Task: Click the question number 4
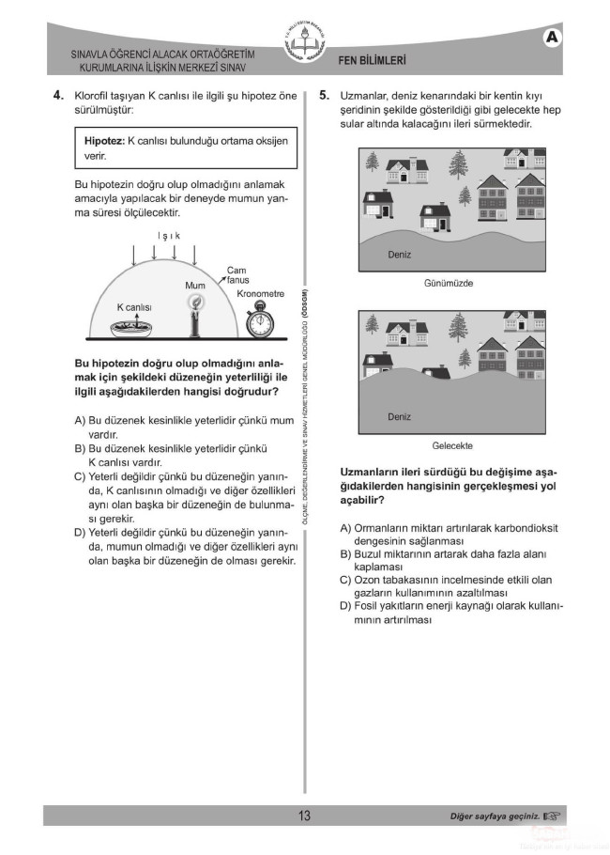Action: tap(57, 95)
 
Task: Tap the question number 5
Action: tap(324, 95)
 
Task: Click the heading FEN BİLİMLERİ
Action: tap(373, 60)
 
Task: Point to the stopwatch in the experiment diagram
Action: tap(258, 321)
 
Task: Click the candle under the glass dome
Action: tap(195, 315)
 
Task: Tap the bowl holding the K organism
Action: tap(133, 327)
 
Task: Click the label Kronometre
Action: tap(260, 294)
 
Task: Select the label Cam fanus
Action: tap(236, 275)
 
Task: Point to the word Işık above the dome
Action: tap(168, 236)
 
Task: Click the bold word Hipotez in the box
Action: tap(104, 139)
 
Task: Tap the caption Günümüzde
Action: tap(449, 283)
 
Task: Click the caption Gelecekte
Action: tap(451, 445)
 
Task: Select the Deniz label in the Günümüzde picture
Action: tap(399, 254)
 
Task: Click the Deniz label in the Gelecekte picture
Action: tap(399, 416)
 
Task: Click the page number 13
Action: tap(304, 816)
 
